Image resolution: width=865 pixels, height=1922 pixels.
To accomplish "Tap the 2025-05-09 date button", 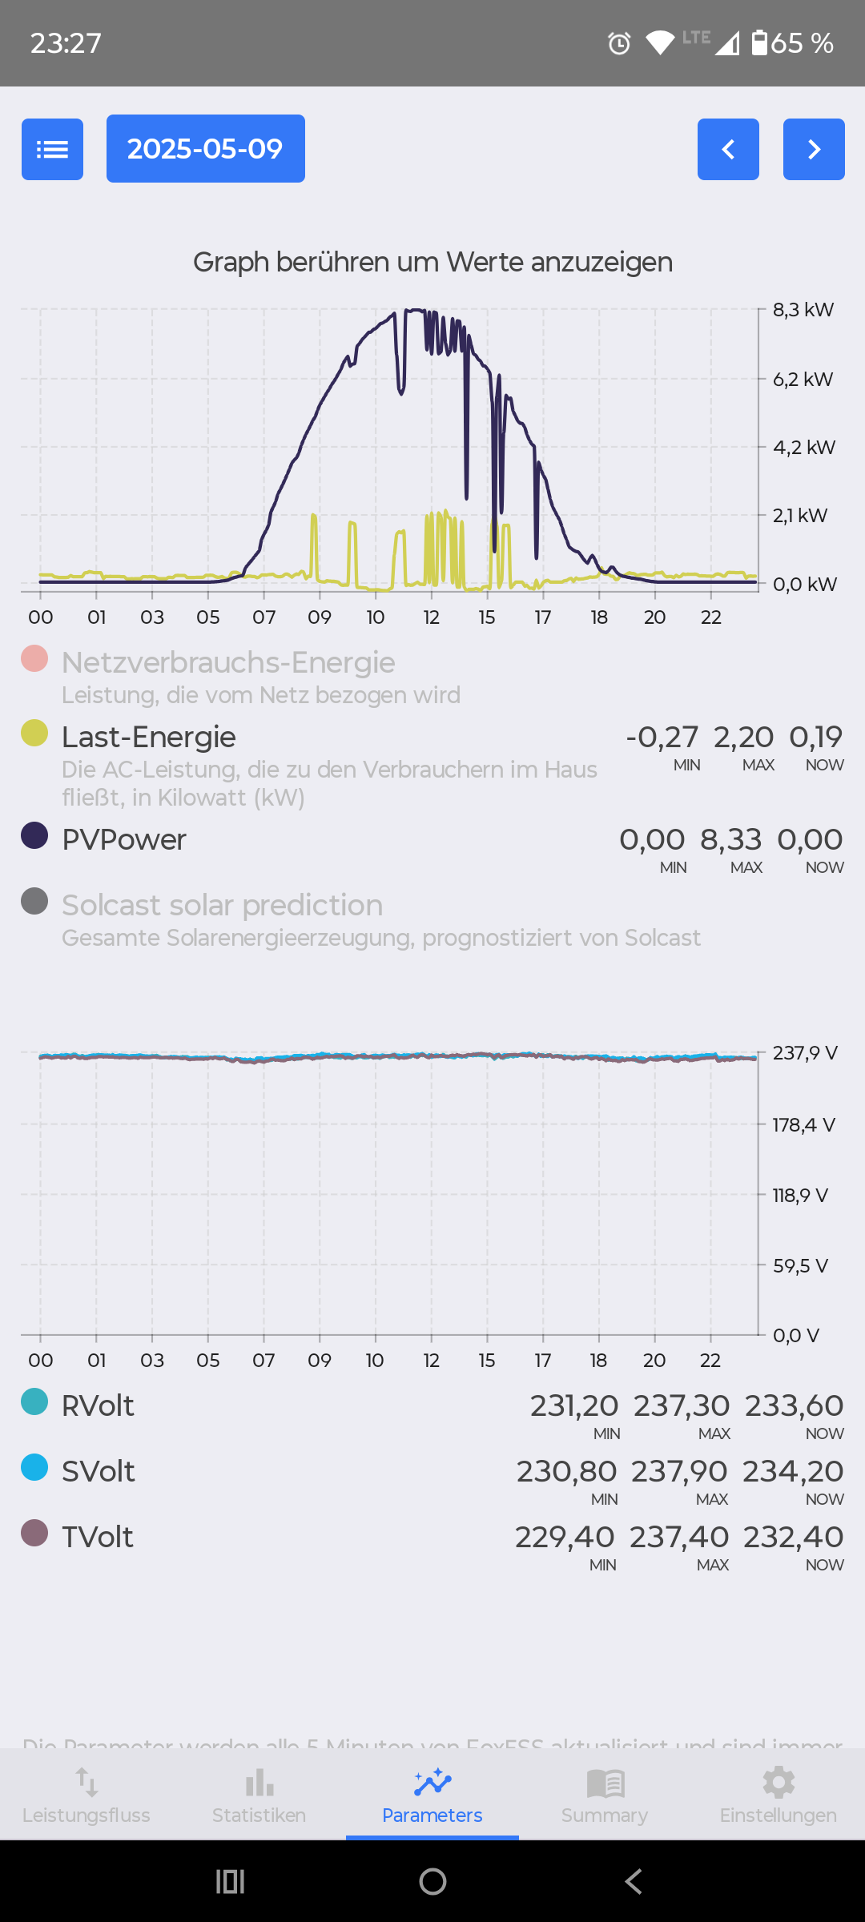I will tap(205, 149).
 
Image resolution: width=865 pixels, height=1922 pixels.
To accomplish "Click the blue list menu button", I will tap(52, 149).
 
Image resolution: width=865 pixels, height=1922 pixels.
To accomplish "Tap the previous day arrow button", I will tap(728, 149).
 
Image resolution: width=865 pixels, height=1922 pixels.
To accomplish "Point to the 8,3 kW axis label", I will tap(803, 310).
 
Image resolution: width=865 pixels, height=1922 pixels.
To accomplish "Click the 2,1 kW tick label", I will tap(799, 516).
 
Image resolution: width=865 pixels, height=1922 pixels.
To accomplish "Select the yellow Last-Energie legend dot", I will tap(34, 733).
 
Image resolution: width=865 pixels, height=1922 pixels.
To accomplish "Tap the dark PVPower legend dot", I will tap(34, 835).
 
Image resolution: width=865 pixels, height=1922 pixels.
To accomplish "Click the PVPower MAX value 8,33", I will tap(730, 839).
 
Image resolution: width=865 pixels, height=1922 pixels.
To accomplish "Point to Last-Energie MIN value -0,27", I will tap(662, 737).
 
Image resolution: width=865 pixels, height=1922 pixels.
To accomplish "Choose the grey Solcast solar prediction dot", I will tap(34, 901).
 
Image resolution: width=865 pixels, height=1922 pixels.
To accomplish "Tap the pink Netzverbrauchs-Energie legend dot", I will tap(34, 658).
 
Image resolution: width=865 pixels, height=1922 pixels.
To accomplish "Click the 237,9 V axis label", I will tap(804, 1053).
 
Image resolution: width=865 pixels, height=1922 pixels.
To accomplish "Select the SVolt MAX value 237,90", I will tap(679, 1471).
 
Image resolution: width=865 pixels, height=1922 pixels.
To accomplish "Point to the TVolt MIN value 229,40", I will tap(565, 1537).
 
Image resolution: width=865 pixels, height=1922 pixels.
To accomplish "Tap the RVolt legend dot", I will tap(34, 1401).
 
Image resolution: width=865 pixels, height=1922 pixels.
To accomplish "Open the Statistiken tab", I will tap(259, 1794).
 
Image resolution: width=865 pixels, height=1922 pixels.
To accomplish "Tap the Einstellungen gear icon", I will tap(778, 1783).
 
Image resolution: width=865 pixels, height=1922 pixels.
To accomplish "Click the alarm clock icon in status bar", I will tap(619, 43).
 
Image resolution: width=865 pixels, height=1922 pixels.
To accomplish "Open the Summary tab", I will tap(605, 1794).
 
